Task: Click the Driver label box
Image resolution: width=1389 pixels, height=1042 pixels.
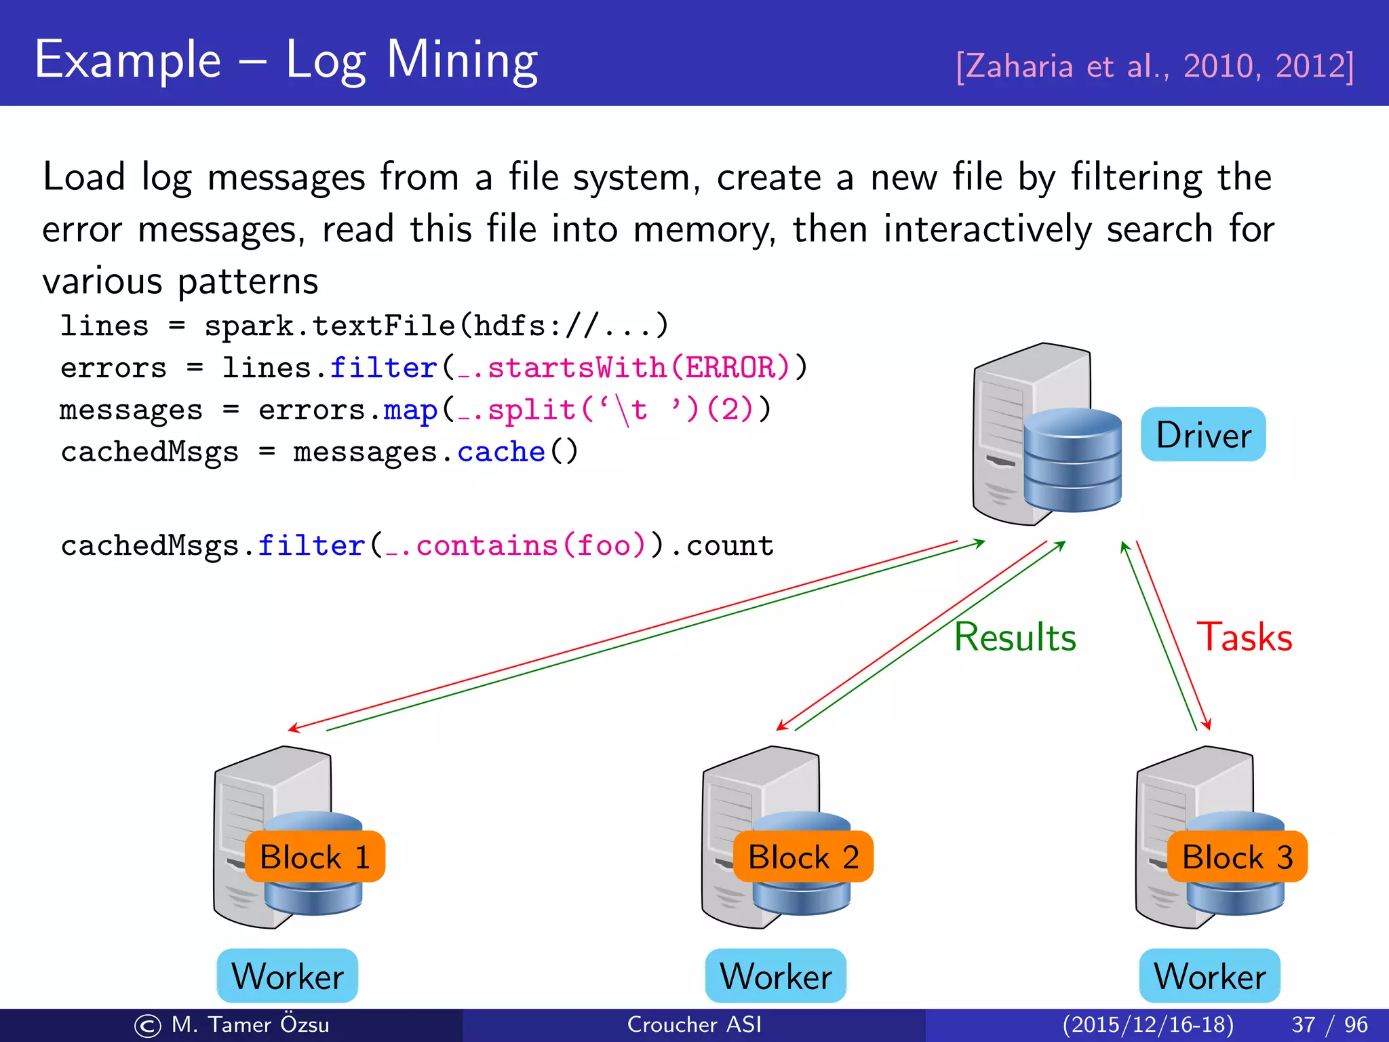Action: tap(1203, 434)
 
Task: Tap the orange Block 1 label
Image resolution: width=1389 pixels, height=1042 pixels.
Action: tap(315, 857)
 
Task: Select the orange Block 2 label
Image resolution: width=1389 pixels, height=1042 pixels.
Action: tap(803, 857)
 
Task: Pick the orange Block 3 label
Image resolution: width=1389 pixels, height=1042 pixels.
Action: tap(1237, 857)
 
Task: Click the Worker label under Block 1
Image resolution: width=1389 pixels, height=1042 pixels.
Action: tap(288, 976)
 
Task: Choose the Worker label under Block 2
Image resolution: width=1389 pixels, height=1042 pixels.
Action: tap(776, 976)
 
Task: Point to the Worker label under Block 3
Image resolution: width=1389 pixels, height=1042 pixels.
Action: tap(1210, 976)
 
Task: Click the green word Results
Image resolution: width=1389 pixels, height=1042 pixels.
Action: tap(1015, 637)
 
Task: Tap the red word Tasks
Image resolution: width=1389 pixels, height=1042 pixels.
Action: tap(1245, 637)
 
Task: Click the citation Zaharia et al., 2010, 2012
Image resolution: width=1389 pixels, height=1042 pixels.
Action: tap(1154, 66)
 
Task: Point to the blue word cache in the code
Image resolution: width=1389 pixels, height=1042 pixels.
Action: tap(501, 452)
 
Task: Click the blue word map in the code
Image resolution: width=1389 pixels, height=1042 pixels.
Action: tap(410, 410)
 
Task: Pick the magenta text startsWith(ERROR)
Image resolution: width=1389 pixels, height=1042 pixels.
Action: tap(638, 368)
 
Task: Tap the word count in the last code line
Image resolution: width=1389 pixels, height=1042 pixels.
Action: tap(730, 546)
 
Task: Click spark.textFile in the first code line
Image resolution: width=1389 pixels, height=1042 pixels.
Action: tap(330, 326)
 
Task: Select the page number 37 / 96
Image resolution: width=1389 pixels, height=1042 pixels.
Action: tap(1329, 1024)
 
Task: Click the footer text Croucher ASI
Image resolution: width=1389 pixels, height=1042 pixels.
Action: tap(694, 1024)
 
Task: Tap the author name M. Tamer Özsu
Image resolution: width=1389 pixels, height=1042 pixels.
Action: tap(250, 1024)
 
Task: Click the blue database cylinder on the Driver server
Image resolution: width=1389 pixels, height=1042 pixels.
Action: tap(1072, 461)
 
